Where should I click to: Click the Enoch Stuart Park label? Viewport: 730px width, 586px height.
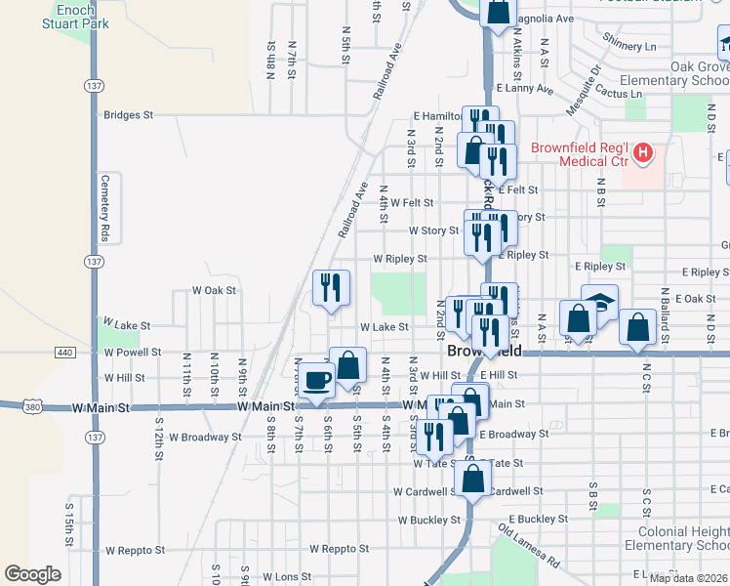(68, 17)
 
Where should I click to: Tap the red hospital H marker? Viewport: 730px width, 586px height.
(643, 152)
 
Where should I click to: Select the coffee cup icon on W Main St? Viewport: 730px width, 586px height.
(316, 380)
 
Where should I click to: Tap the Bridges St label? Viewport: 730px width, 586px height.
(129, 115)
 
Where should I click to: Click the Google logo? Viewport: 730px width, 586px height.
(32, 574)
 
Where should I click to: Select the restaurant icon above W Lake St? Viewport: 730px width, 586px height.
(331, 287)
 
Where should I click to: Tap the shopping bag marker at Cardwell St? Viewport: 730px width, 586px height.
(472, 480)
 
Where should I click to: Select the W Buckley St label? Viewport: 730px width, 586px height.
(427, 520)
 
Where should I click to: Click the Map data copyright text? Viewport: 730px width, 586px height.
(688, 577)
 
